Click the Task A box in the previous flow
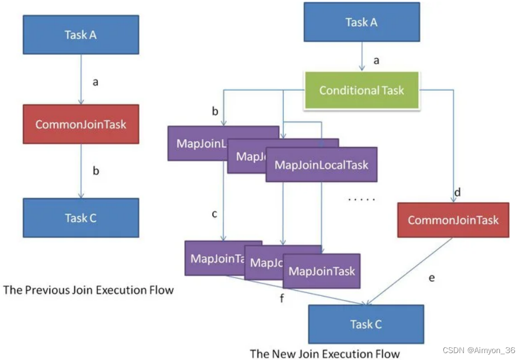coord(81,35)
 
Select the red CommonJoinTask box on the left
coord(81,124)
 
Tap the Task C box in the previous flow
coord(81,217)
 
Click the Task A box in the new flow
coord(361,22)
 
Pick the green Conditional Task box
coord(362,90)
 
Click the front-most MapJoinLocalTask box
coord(321,165)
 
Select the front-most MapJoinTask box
coord(321,271)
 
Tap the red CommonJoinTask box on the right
coord(452,220)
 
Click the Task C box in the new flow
coord(366,325)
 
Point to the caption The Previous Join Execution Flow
coord(88,290)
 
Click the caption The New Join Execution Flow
coord(325,353)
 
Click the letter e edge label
coord(431,278)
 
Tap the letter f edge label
coord(281,298)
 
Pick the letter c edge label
coord(214,214)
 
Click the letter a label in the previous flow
coord(95,82)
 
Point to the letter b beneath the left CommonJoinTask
coord(96,171)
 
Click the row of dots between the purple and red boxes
coord(362,200)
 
